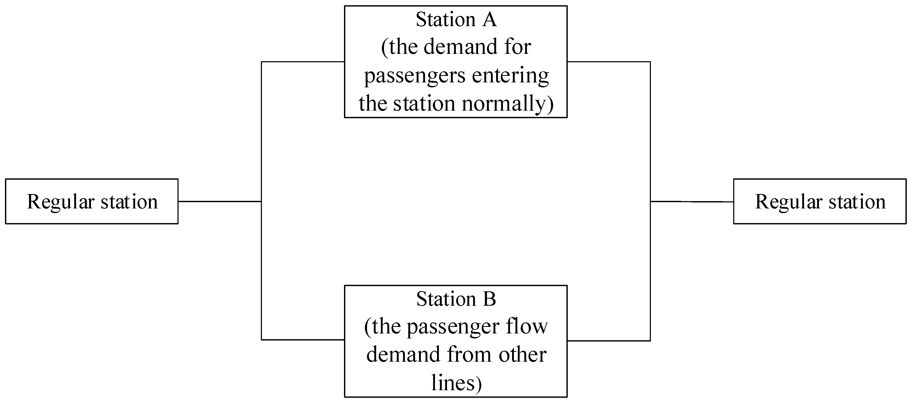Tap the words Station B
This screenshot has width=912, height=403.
pos(456,299)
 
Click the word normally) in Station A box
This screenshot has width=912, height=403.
pos(507,104)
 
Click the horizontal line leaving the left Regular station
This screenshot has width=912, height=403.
pos(220,201)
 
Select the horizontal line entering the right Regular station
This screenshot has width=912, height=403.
pos(692,201)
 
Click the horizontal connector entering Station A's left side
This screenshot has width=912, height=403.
pos(303,62)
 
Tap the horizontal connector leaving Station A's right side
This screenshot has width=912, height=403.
pos(609,62)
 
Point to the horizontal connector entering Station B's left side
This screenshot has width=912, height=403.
pos(303,340)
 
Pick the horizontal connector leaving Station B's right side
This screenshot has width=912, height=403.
pos(609,341)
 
